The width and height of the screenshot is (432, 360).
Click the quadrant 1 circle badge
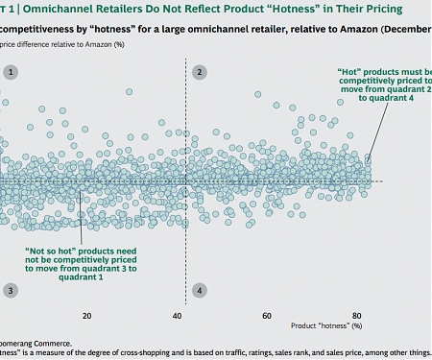pyautogui.click(x=11, y=72)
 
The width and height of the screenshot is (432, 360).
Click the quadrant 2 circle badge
pyautogui.click(x=199, y=72)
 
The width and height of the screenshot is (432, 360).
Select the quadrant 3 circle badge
pyautogui.click(x=11, y=290)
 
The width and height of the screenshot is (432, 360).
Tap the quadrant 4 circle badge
pyautogui.click(x=199, y=290)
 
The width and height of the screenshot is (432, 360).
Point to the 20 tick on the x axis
pyautogui.click(x=87, y=315)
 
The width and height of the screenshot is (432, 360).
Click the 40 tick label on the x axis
pyautogui.click(x=179, y=315)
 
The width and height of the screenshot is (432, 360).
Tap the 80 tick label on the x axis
pyautogui.click(x=357, y=315)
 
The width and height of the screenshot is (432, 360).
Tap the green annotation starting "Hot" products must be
pyautogui.click(x=383, y=84)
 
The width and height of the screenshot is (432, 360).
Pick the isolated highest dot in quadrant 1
pyautogui.click(x=129, y=92)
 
